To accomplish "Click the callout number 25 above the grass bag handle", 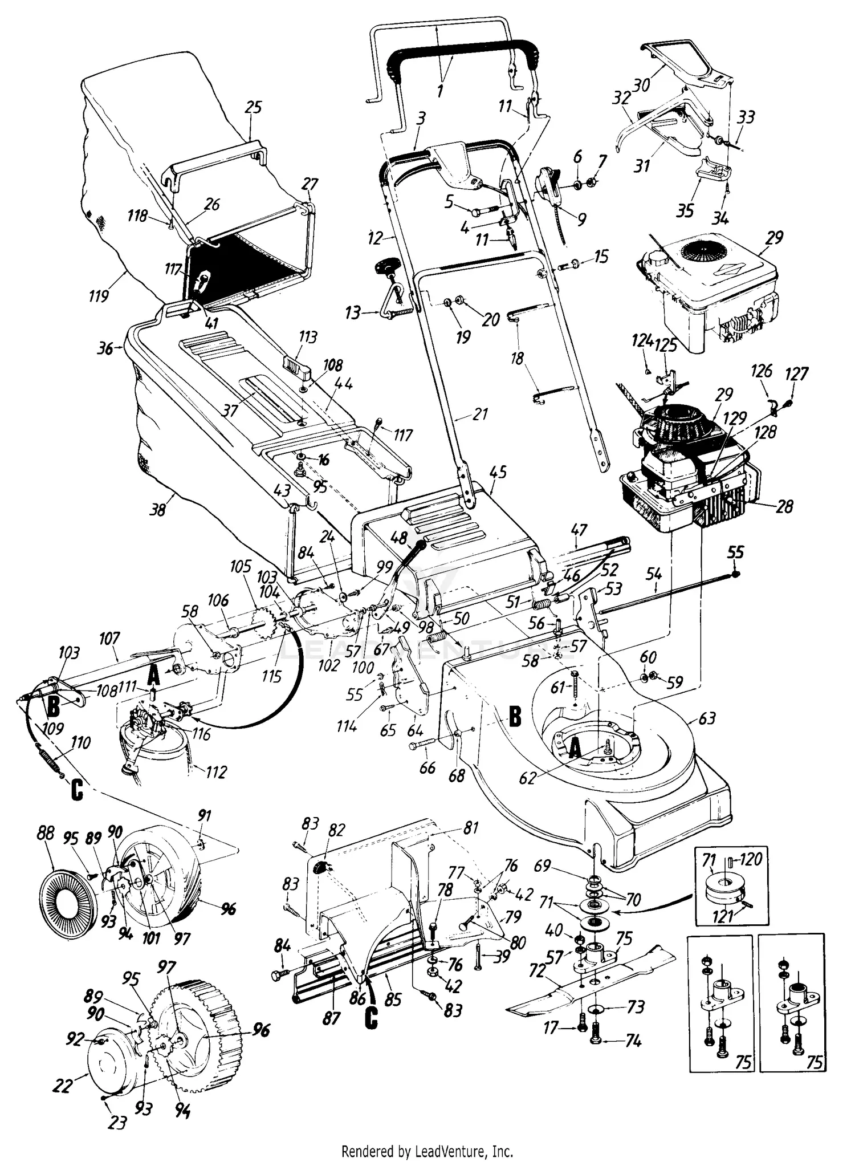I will click(253, 108).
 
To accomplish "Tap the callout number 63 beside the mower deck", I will click(706, 718).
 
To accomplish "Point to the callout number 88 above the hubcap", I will click(45, 834).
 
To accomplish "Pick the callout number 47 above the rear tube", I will click(579, 531).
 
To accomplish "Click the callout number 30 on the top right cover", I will click(641, 85).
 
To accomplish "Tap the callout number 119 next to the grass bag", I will click(99, 296).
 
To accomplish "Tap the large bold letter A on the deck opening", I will click(576, 749).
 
